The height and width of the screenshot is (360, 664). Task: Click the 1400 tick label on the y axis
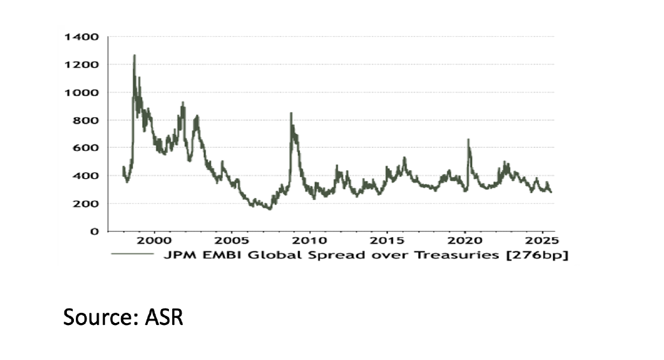click(x=82, y=37)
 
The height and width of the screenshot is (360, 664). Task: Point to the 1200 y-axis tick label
click(x=82, y=65)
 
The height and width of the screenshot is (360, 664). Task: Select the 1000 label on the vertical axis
click(x=82, y=92)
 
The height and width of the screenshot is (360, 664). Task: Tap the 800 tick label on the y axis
click(x=85, y=120)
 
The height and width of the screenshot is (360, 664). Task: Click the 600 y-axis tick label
click(x=85, y=148)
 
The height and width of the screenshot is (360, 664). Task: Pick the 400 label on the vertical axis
click(x=85, y=176)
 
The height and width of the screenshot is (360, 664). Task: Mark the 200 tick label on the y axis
click(x=85, y=204)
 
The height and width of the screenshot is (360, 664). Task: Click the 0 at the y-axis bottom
click(x=94, y=231)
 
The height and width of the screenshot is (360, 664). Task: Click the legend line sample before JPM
click(x=133, y=254)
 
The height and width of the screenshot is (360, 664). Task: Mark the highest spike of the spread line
click(x=134, y=55)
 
